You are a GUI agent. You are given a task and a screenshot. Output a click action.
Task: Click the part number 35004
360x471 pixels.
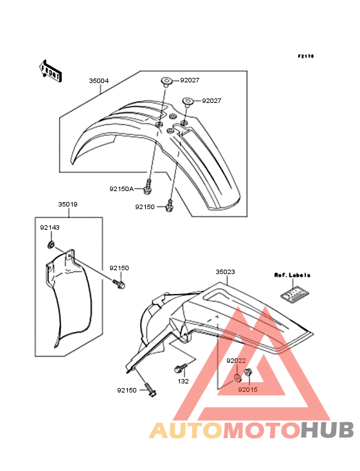click(x=99, y=81)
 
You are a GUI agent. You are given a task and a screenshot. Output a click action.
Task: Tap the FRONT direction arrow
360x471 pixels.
click(x=50, y=71)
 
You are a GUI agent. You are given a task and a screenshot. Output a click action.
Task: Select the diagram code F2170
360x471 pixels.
click(x=306, y=56)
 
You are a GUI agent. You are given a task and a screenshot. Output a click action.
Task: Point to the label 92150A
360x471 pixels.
click(x=122, y=189)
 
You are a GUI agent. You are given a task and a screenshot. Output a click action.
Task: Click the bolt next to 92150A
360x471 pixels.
click(x=148, y=186)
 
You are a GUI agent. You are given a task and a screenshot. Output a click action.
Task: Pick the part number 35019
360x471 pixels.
click(x=67, y=204)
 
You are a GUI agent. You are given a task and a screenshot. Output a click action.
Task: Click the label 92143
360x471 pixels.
click(x=50, y=227)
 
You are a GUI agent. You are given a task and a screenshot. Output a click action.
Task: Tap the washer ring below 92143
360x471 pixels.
click(x=51, y=245)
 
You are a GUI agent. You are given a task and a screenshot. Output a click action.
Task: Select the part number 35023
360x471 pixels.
click(x=225, y=272)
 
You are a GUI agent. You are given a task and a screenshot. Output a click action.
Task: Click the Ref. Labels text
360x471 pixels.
click(x=292, y=275)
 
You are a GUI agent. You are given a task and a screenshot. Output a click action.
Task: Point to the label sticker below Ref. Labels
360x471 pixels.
click(x=295, y=293)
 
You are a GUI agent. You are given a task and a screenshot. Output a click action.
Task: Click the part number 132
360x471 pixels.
click(x=183, y=381)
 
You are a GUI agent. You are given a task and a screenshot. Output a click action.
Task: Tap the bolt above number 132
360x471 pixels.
click(x=181, y=367)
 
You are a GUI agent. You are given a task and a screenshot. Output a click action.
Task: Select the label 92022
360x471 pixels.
click(x=236, y=360)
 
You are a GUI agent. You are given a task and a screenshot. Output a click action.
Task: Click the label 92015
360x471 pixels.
click(x=248, y=389)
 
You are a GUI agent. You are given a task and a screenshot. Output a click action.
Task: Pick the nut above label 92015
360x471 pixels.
click(x=248, y=372)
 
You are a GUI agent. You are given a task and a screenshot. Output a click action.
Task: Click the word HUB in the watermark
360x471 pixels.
click(x=328, y=430)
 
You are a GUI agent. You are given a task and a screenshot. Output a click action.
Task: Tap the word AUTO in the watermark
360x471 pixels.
click(x=186, y=430)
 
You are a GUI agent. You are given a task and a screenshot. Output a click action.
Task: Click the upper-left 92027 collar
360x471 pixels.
click(x=166, y=82)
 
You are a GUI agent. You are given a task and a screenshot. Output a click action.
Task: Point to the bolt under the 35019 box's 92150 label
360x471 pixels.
click(x=119, y=284)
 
